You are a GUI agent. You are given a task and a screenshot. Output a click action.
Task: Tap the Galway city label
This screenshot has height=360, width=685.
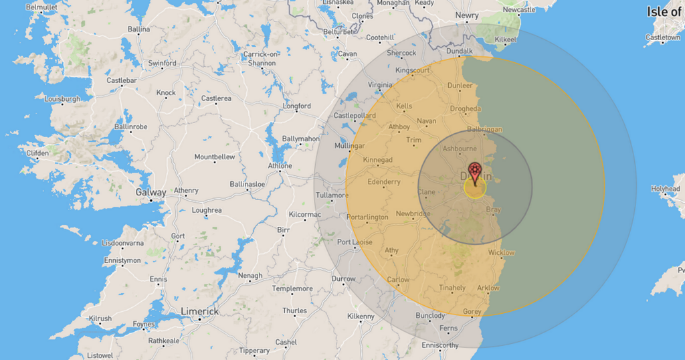point(151,192)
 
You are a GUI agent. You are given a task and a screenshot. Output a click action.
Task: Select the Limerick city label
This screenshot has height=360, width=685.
point(199,312)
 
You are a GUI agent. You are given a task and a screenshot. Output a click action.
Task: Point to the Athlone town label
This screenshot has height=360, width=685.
point(280,165)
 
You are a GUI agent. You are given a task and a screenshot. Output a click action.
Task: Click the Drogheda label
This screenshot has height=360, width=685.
point(465,108)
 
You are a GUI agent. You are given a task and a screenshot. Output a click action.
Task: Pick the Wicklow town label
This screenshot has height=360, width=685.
point(502,253)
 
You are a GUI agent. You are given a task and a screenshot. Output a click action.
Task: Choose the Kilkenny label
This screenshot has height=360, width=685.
point(361,316)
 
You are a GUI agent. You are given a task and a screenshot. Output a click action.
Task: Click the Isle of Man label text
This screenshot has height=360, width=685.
point(665,11)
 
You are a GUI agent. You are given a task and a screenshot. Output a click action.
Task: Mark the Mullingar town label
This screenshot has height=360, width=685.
point(349,146)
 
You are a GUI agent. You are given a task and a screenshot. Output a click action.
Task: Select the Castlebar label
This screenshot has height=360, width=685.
point(122,81)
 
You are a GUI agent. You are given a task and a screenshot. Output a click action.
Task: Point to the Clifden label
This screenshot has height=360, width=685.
point(37,153)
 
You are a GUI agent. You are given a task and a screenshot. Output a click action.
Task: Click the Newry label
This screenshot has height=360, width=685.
point(467,15)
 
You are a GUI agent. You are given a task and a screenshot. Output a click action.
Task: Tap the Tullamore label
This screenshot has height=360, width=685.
point(332,196)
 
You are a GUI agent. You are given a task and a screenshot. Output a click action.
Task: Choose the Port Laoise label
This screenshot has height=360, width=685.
point(354,242)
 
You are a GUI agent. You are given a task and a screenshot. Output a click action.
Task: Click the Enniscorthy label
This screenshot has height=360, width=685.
point(440,346)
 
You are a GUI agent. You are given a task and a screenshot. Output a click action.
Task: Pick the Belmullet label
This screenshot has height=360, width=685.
point(41,7)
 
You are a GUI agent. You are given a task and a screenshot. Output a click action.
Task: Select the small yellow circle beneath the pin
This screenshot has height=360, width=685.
point(475,188)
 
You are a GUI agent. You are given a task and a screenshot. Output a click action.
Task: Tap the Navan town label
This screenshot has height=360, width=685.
point(426,121)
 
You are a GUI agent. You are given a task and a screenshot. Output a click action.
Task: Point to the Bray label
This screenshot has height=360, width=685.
point(493,210)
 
